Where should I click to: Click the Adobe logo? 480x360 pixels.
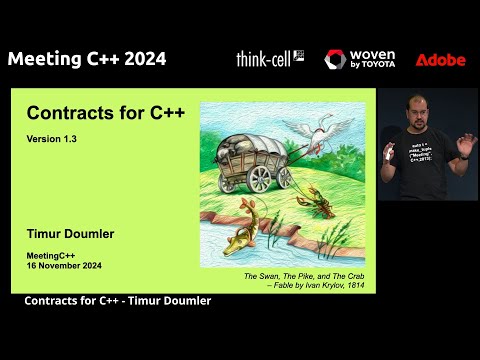pyautogui.click(x=440, y=60)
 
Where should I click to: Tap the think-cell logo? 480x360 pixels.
pyautogui.click(x=269, y=58)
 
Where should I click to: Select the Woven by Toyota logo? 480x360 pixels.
pyautogui.click(x=359, y=60)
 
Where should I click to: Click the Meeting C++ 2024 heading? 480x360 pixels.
pyautogui.click(x=87, y=58)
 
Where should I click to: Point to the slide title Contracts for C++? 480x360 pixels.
pyautogui.click(x=105, y=114)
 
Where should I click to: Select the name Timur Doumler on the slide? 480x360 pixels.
pyautogui.click(x=77, y=233)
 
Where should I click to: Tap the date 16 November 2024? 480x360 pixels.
pyautogui.click(x=64, y=266)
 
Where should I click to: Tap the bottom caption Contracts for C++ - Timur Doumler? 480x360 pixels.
pyautogui.click(x=117, y=301)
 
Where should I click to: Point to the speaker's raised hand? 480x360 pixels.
pyautogui.click(x=465, y=146)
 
